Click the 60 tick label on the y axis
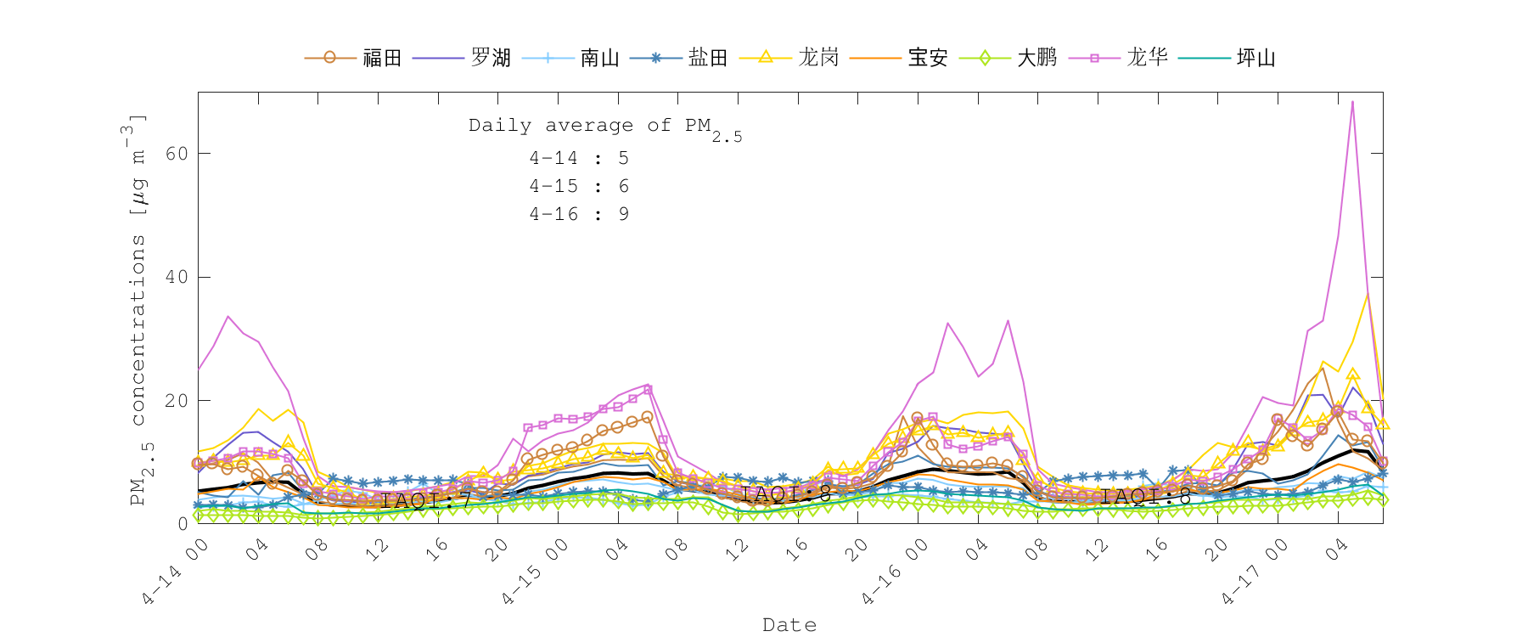[x=177, y=154]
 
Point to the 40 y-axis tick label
[x=177, y=277]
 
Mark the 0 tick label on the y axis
[x=183, y=524]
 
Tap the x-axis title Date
[x=789, y=625]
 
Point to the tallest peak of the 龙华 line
[x=1352, y=102]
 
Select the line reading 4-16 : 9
[x=579, y=214]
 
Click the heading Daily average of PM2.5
[x=604, y=127]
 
